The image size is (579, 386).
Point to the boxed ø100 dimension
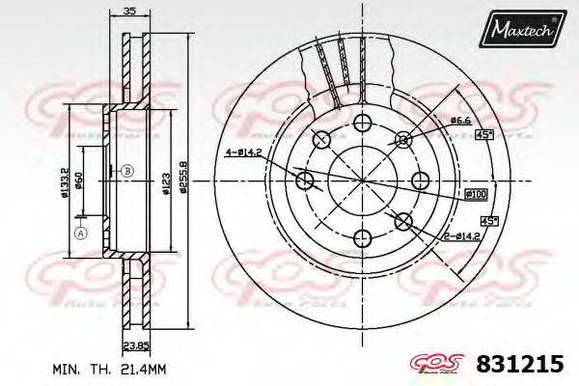point(476,195)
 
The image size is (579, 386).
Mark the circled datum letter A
point(81,233)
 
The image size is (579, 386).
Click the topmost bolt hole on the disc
point(363,123)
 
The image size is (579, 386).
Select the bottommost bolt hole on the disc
point(363,238)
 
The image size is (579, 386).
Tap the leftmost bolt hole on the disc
point(305,180)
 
